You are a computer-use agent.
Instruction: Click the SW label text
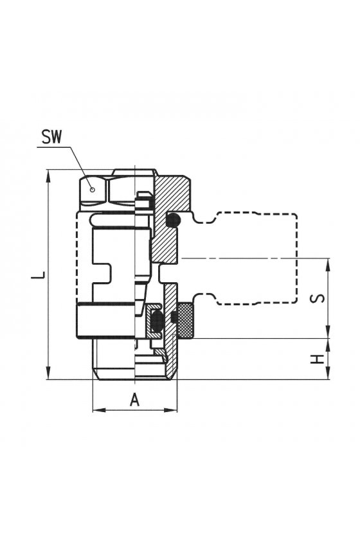click(x=51, y=137)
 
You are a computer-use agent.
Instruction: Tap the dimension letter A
click(x=135, y=400)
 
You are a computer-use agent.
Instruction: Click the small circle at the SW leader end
click(x=92, y=189)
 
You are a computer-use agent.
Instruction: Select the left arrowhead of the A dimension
click(x=99, y=410)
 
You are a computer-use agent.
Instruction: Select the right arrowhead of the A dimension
click(x=171, y=410)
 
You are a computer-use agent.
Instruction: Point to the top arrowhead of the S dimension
click(x=328, y=264)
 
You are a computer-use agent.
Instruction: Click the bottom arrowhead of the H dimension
click(x=328, y=373)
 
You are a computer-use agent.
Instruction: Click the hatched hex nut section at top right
click(x=172, y=193)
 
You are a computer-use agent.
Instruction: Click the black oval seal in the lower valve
click(x=156, y=321)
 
